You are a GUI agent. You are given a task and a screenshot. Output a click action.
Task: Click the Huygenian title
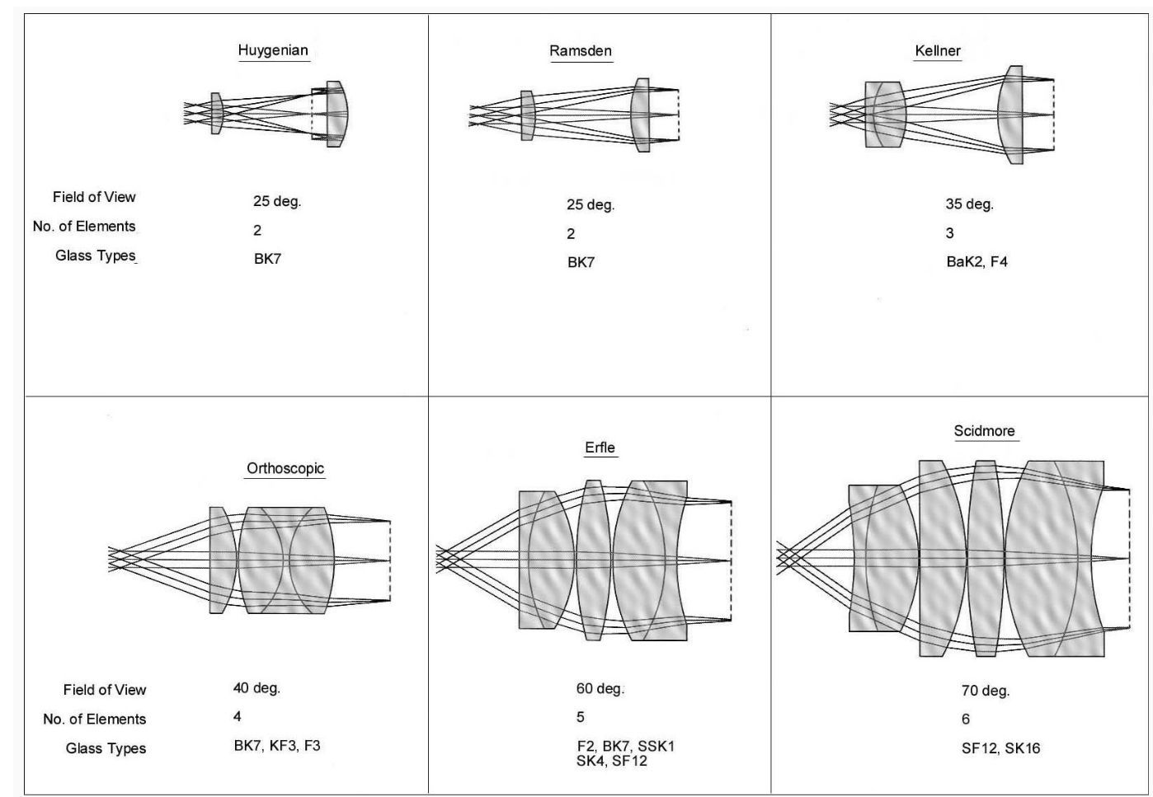(273, 50)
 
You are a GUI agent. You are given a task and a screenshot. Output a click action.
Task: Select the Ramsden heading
(581, 51)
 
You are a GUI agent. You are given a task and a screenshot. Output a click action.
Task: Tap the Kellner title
(938, 51)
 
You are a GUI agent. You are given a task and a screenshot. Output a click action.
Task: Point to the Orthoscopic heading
(285, 469)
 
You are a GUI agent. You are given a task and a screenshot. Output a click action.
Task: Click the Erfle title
(600, 448)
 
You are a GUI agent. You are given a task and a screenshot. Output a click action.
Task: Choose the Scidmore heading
(984, 431)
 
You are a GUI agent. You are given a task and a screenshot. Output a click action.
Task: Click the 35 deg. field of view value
(969, 204)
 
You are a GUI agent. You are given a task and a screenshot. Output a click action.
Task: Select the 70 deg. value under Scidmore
(985, 691)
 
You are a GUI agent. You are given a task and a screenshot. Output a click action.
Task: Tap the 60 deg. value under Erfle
(600, 689)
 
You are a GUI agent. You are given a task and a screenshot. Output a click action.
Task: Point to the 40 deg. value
(256, 688)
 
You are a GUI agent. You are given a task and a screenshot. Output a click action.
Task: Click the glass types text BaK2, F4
(977, 262)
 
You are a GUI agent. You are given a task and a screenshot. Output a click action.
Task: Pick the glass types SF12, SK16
(1000, 748)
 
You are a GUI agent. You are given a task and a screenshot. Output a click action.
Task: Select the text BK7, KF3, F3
(277, 746)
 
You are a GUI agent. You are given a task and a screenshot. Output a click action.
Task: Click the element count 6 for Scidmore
(966, 720)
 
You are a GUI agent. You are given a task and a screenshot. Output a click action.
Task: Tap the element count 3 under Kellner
(950, 233)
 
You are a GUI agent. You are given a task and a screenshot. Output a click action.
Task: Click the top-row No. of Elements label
(84, 227)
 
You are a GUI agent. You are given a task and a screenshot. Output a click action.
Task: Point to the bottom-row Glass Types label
(106, 748)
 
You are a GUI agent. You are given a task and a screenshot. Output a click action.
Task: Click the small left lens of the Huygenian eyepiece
(217, 114)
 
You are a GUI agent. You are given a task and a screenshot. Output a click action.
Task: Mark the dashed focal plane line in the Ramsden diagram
(678, 115)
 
